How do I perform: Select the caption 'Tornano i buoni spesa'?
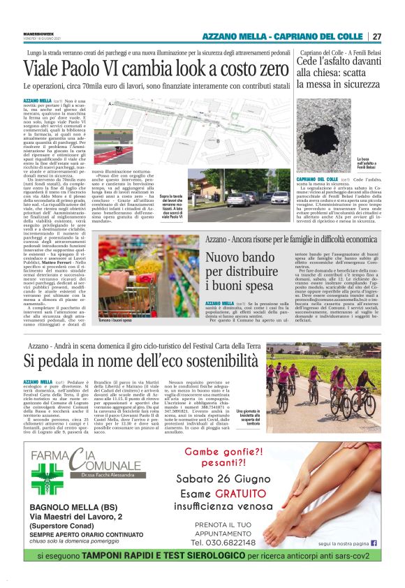click(117, 319)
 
